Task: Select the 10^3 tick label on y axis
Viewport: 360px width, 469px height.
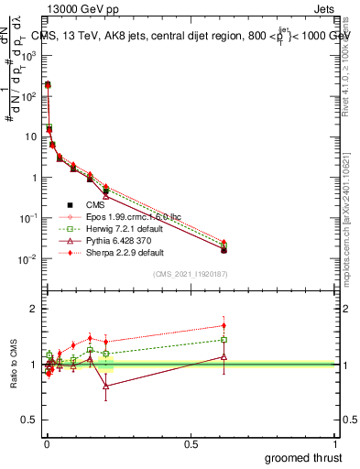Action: pyautogui.click(x=27, y=55)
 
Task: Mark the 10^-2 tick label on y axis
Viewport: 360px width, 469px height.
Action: pyautogui.click(x=27, y=259)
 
